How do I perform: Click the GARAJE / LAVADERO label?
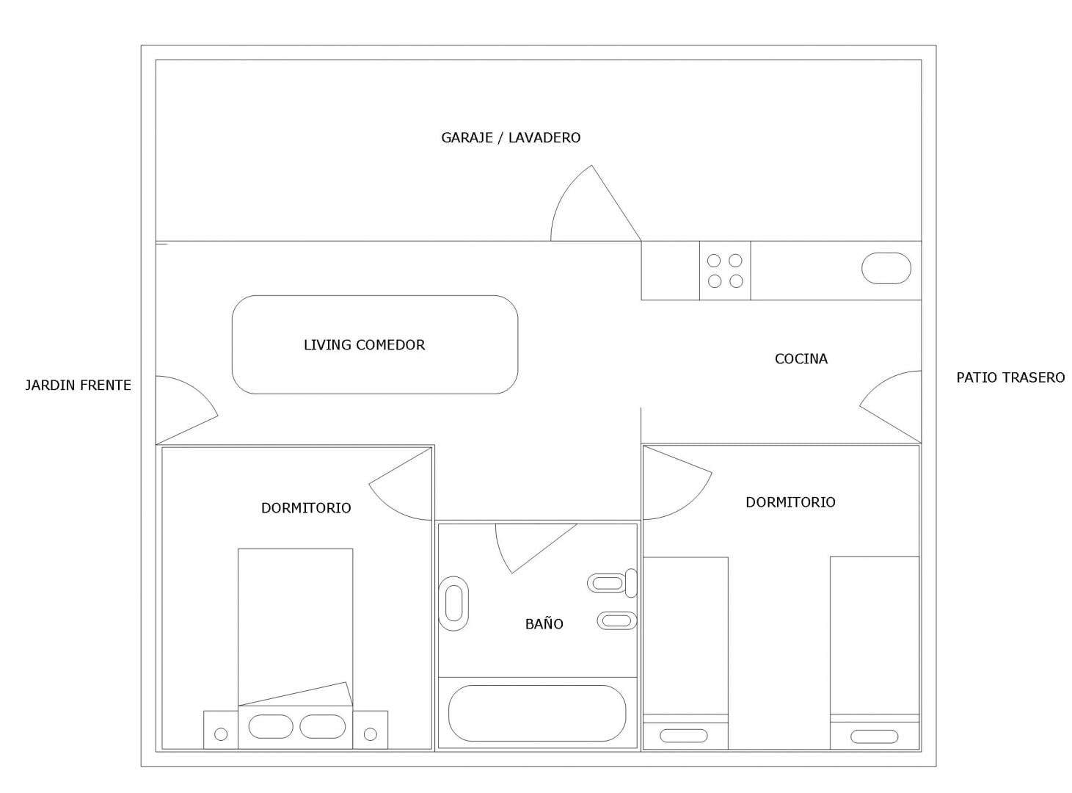[511, 138]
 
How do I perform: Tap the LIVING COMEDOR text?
[364, 345]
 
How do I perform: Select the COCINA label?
[801, 359]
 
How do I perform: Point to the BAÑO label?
[544, 623]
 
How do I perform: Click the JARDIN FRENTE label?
[78, 385]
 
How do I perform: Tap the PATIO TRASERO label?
[1010, 377]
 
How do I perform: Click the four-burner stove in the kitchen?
[724, 270]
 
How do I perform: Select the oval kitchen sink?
[886, 268]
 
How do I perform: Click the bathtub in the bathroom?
[537, 713]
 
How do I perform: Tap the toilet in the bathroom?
[612, 583]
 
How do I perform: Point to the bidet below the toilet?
[617, 620]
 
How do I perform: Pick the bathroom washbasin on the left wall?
[453, 604]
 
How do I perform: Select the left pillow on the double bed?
[271, 726]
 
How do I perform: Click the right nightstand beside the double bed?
[371, 730]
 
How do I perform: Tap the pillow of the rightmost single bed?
[875, 736]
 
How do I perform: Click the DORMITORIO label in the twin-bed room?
[790, 502]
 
